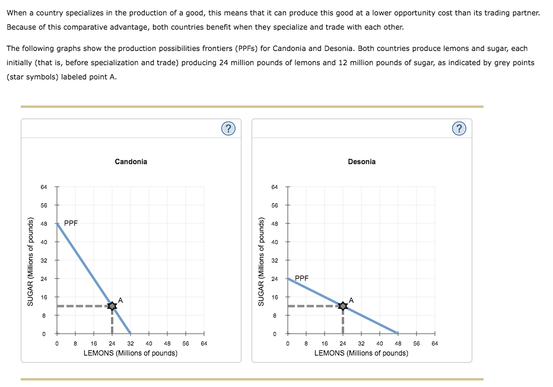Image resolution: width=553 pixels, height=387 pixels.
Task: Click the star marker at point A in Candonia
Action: [x=112, y=306]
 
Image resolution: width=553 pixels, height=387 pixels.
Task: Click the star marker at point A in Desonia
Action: [x=342, y=306]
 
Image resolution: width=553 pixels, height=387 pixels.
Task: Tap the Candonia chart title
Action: [x=131, y=162]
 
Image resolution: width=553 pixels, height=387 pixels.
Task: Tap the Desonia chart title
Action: [x=362, y=162]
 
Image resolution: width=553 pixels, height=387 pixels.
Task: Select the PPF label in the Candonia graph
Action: [x=71, y=223]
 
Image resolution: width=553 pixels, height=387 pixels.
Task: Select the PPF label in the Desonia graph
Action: [x=301, y=277]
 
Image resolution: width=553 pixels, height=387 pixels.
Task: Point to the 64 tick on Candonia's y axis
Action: [x=43, y=187]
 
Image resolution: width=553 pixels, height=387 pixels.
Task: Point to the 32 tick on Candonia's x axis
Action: [x=130, y=343]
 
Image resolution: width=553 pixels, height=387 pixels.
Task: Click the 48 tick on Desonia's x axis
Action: [x=398, y=343]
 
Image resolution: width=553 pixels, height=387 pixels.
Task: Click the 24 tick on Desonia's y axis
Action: [x=274, y=279]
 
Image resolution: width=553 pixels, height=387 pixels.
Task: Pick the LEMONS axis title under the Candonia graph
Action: [x=131, y=353]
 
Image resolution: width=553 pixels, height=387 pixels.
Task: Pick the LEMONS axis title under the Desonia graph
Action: [x=361, y=353]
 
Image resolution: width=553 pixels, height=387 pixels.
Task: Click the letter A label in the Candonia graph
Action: [x=120, y=300]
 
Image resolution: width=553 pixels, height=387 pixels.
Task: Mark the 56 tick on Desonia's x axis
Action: [x=417, y=343]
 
